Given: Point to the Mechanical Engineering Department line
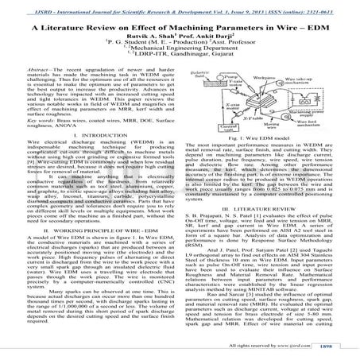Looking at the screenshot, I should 180,55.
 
